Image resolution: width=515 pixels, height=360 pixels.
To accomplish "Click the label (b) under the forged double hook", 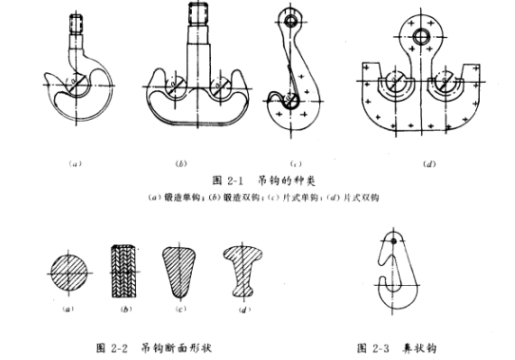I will (x=181, y=164).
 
